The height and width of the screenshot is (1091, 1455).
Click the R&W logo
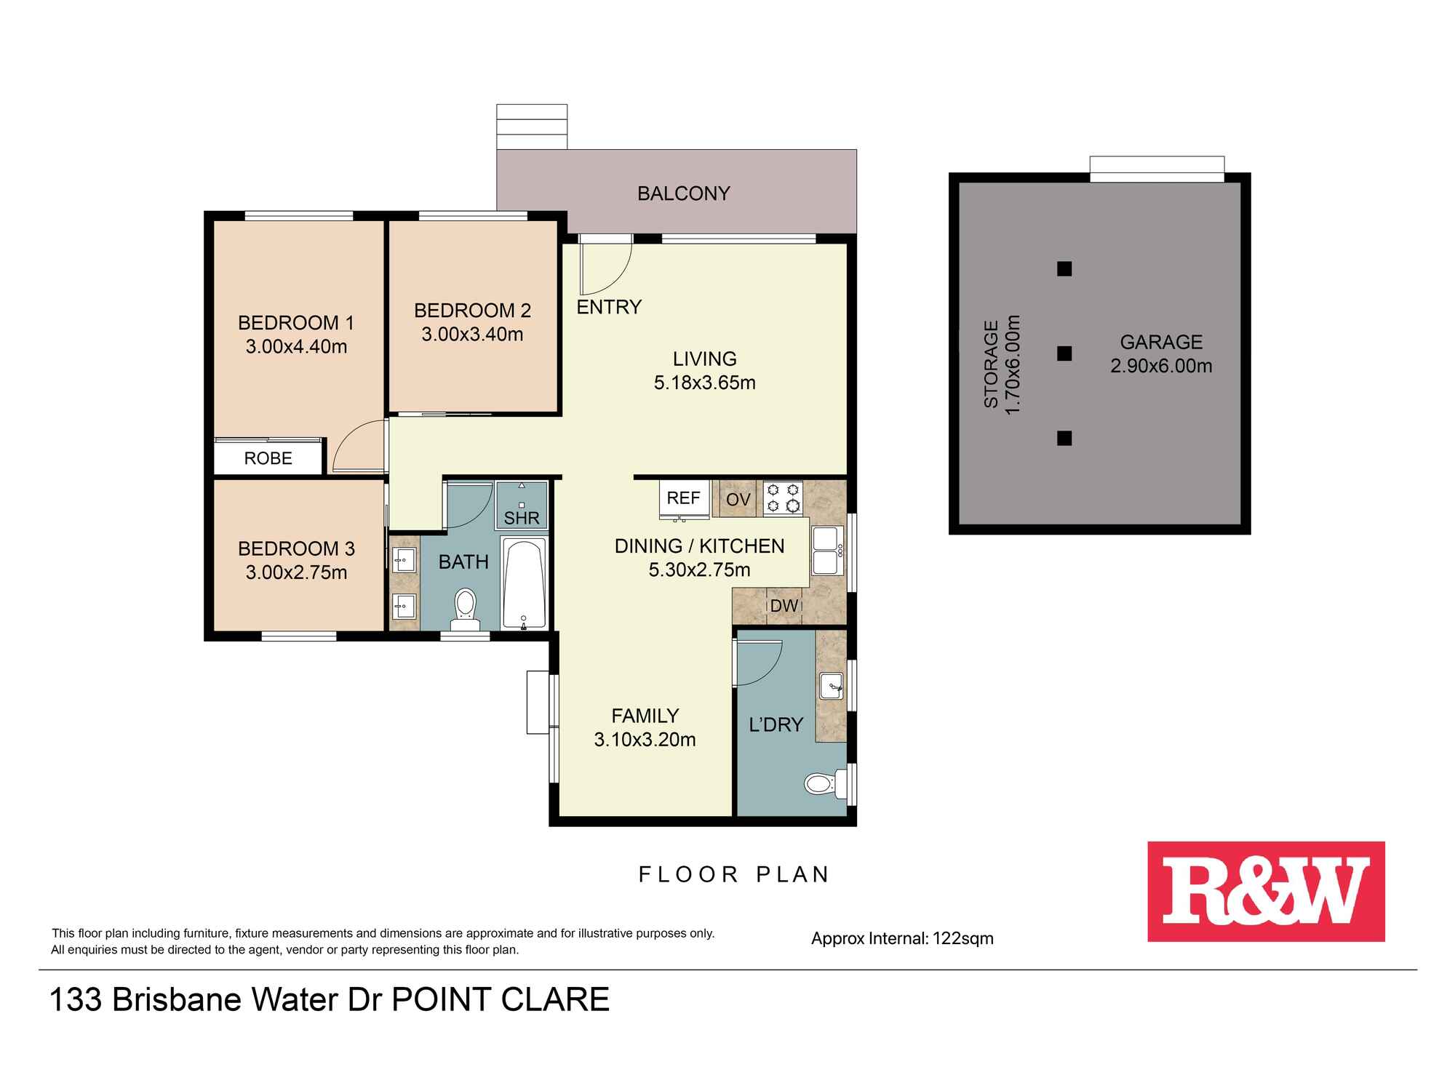point(1266,891)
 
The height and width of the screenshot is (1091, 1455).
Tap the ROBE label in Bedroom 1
point(268,458)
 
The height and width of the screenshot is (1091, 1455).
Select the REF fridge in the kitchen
point(683,499)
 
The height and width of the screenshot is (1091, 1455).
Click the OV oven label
point(738,500)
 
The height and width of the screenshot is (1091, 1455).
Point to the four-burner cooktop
point(783,498)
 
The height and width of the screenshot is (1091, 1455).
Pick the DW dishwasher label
point(784,606)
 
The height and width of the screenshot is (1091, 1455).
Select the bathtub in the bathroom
point(524,583)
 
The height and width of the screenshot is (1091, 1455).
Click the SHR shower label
point(522,518)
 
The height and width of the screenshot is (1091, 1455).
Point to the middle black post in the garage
point(1064,353)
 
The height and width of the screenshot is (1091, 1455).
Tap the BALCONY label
point(683,193)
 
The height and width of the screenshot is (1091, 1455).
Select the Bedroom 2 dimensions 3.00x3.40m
point(472,335)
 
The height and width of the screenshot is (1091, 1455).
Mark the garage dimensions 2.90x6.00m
point(1161,366)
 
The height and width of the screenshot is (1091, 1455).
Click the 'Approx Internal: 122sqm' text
point(902,938)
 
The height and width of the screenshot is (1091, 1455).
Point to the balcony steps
point(532,127)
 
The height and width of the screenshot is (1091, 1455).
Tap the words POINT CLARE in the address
point(501,1000)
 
